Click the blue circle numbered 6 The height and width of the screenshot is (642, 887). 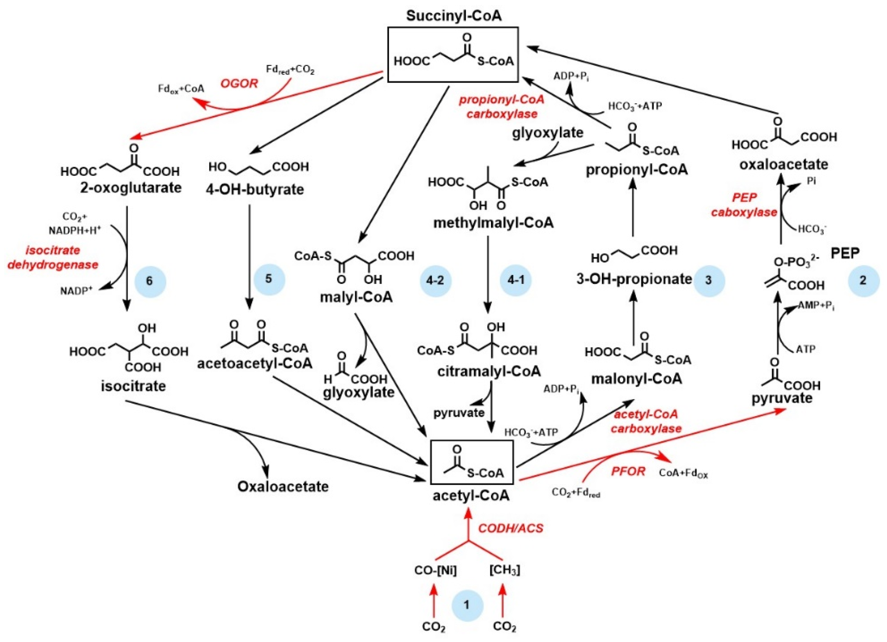click(x=150, y=281)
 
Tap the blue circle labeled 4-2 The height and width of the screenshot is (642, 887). click(x=436, y=281)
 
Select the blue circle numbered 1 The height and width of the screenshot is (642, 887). click(x=467, y=605)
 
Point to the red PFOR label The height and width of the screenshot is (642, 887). click(x=628, y=471)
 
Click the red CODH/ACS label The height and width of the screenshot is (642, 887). click(x=511, y=528)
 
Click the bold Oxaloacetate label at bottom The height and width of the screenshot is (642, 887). click(x=283, y=486)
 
